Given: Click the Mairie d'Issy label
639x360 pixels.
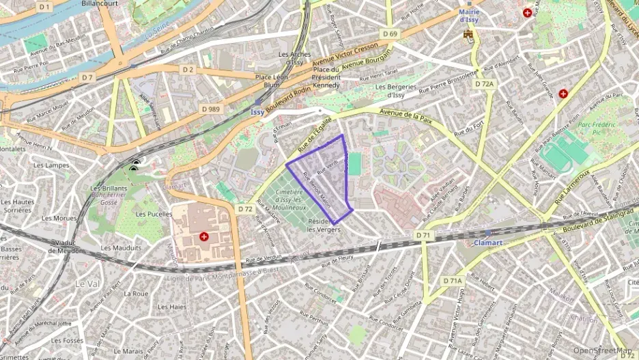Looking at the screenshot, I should point(468,16).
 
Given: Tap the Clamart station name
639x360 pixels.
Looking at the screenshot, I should point(488,243).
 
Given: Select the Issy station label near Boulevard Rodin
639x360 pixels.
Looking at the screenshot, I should point(257,111).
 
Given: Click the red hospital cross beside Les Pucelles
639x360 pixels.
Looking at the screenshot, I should point(204,236).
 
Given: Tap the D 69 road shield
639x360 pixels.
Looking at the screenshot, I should point(390,33).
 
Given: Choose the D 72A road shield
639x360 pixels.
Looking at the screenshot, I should point(483,83).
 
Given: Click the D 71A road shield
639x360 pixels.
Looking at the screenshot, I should point(452,281).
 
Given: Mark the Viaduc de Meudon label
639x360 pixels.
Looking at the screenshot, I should point(66,246).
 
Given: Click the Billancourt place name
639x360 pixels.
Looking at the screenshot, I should point(100,4).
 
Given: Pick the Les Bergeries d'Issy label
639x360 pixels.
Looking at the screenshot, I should point(395,91).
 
